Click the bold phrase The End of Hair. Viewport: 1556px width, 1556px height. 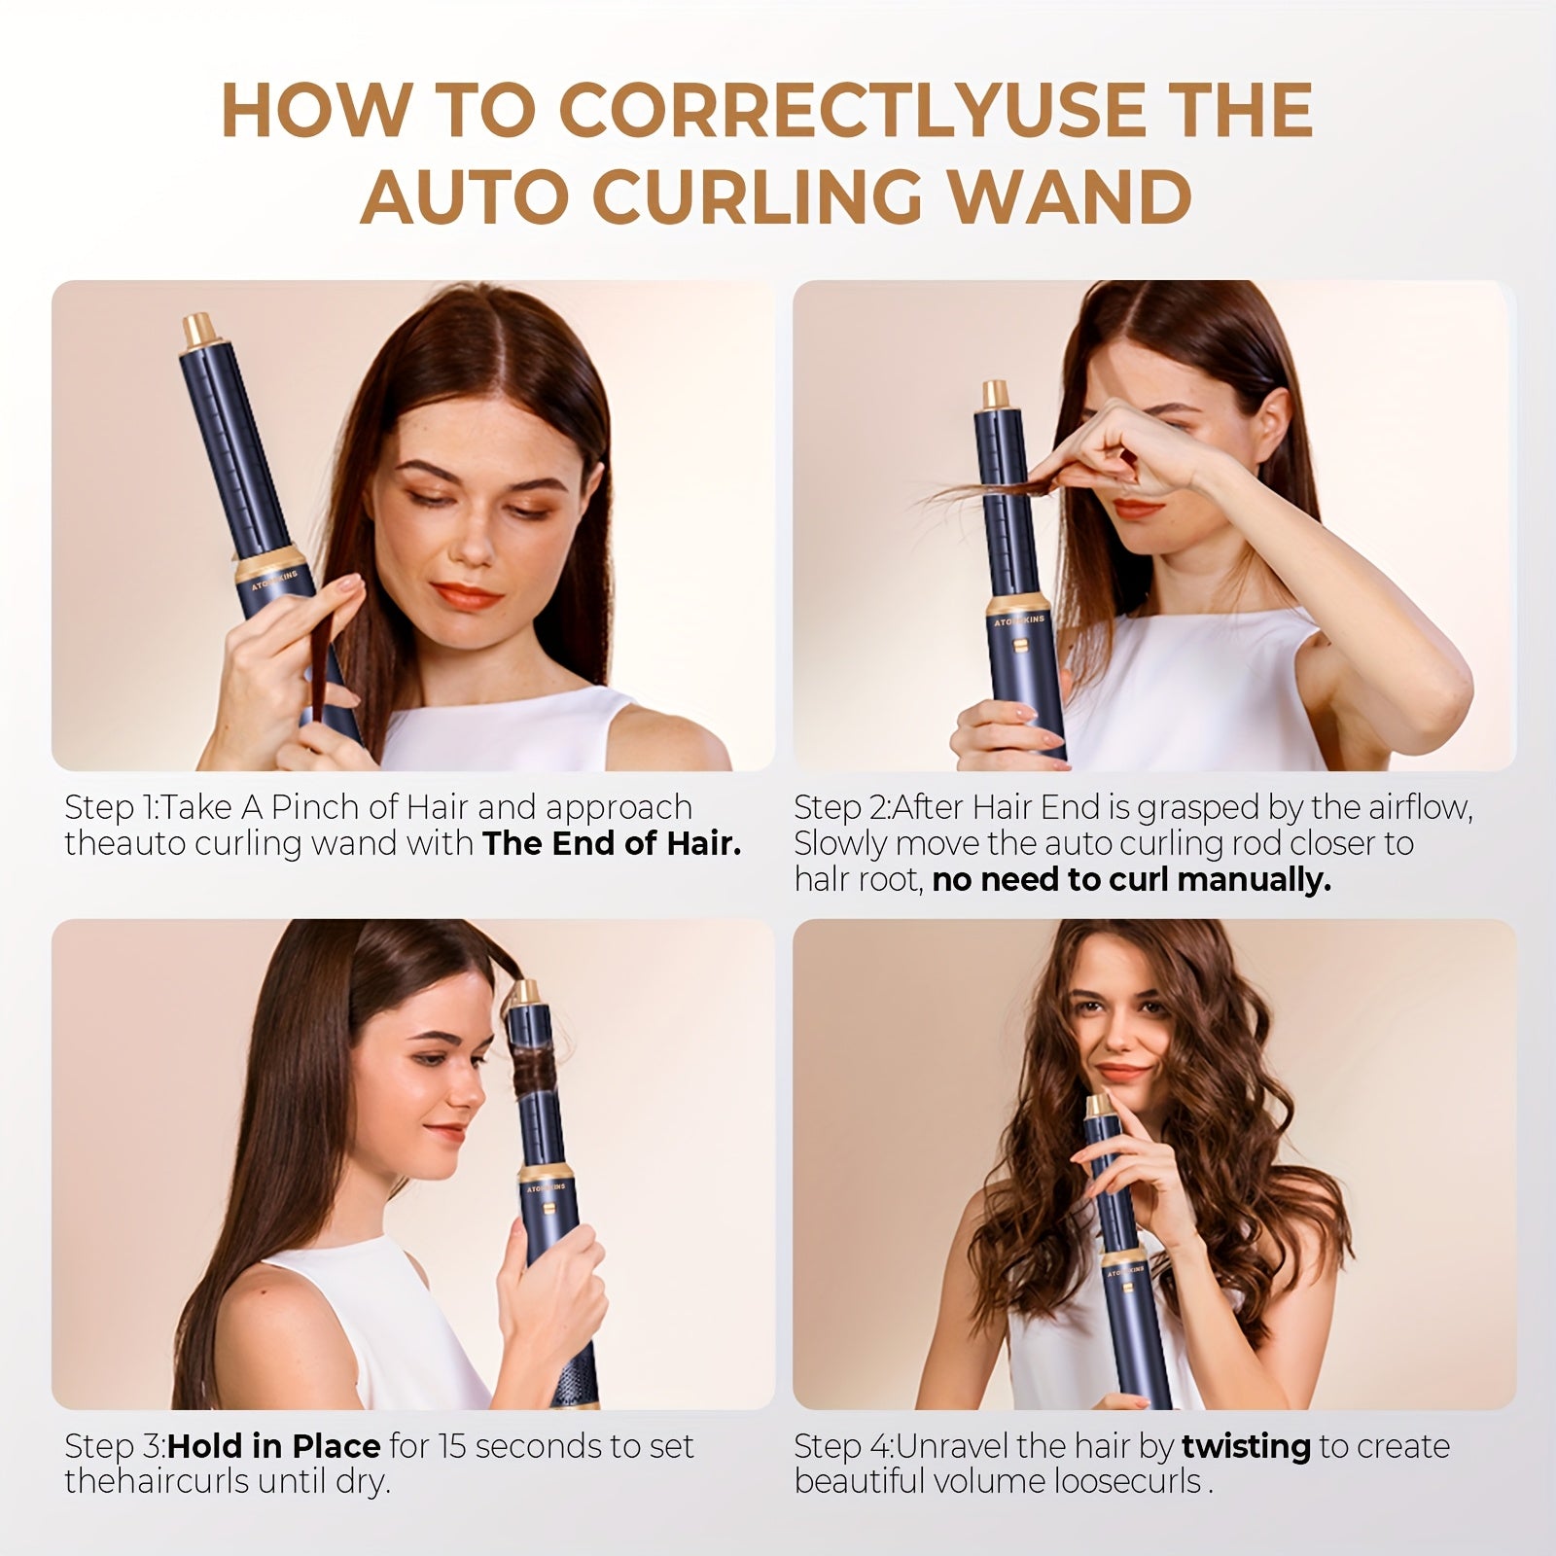click(612, 843)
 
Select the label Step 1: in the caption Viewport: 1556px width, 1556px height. click(113, 807)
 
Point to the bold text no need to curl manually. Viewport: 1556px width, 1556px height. click(1131, 880)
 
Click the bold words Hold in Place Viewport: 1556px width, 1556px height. click(273, 1446)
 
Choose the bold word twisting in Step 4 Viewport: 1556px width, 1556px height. click(1246, 1446)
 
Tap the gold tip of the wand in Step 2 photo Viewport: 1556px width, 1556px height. click(994, 395)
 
